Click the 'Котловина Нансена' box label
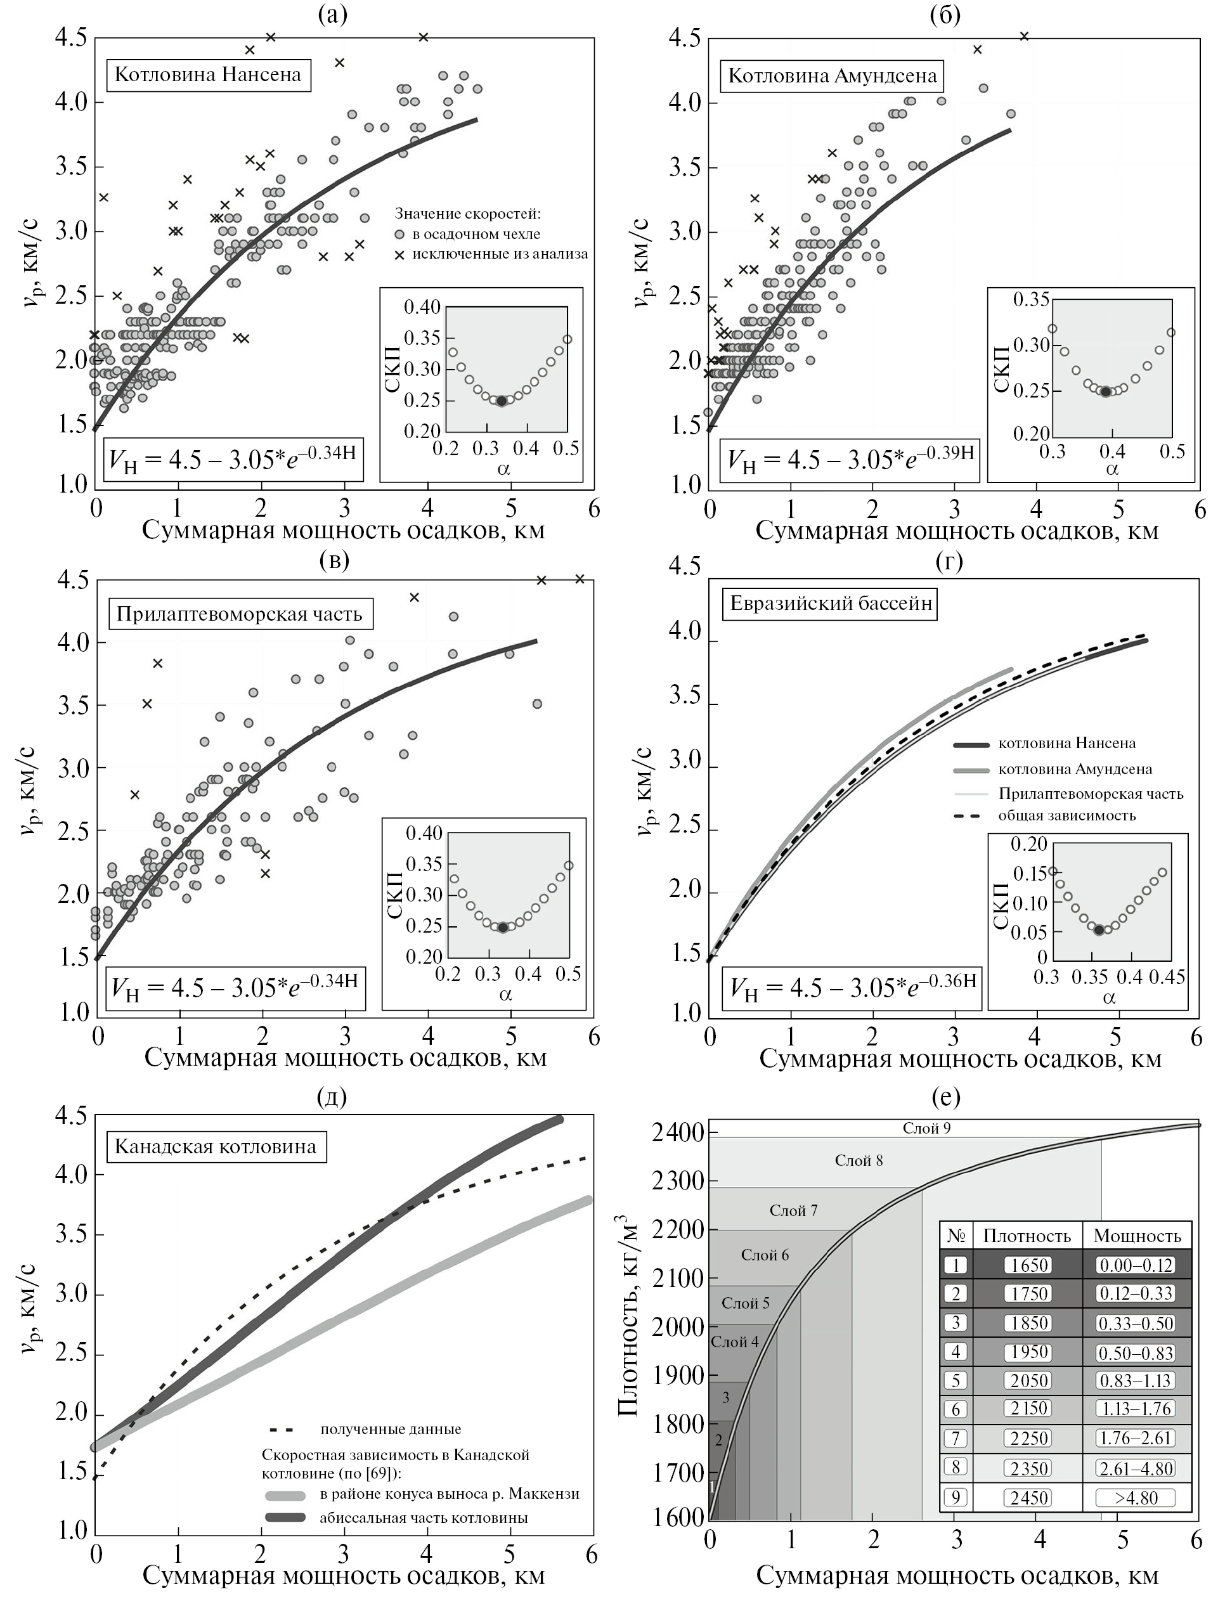point(209,75)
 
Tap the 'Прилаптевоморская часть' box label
point(239,614)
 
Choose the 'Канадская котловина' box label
point(216,1147)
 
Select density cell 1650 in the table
point(1029,1265)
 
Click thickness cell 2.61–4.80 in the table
point(1136,1468)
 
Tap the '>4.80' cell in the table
point(1136,1498)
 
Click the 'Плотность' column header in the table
point(1027,1236)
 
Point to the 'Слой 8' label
point(859,1160)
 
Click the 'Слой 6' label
point(764,1255)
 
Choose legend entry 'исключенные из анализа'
point(500,254)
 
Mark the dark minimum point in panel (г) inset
point(1099,929)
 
